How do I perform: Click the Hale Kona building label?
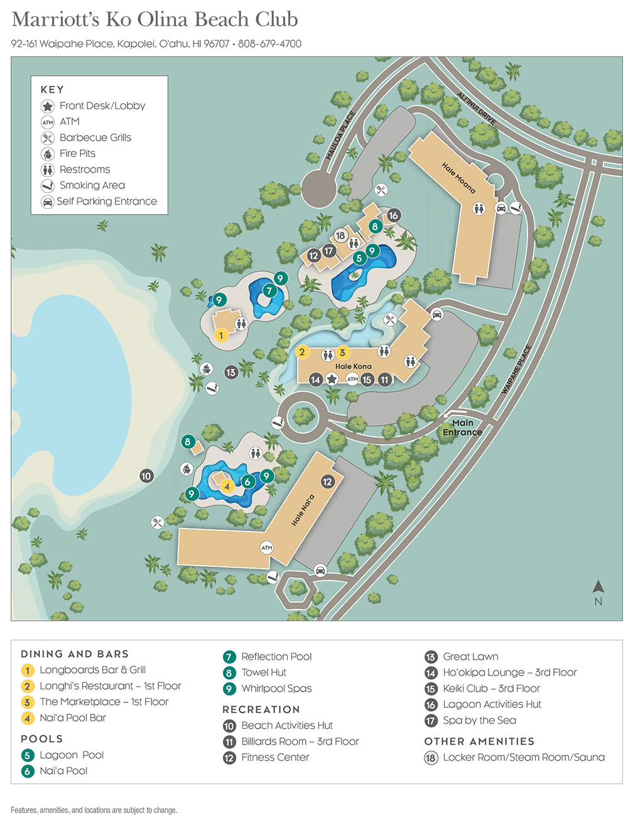pos(353,366)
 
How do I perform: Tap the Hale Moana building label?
pos(458,178)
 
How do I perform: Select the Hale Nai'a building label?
pos(303,510)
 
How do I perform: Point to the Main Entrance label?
pos(462,427)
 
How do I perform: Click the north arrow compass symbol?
pos(598,591)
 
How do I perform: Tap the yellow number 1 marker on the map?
pos(221,335)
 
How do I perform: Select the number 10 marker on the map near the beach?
pos(146,476)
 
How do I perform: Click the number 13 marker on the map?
pos(230,372)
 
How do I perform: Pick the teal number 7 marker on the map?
pos(269,291)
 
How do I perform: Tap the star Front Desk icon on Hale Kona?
pos(332,379)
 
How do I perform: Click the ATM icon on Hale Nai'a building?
pos(267,547)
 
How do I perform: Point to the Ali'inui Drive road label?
pos(476,108)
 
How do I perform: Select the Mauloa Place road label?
pos(341,136)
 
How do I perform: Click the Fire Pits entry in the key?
pos(77,153)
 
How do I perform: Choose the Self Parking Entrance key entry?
pos(107,201)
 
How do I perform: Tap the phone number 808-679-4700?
pos(270,44)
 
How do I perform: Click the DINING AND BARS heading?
pos(74,654)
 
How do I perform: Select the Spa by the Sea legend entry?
pos(479,721)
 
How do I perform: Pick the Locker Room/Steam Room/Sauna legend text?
pos(524,758)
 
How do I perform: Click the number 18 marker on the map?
pos(340,235)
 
